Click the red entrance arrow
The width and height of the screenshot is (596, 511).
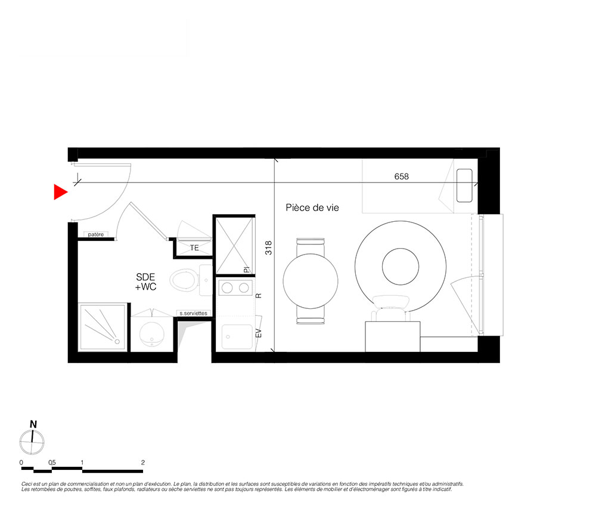[x=60, y=192]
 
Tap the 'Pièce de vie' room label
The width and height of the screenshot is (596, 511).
[x=312, y=208]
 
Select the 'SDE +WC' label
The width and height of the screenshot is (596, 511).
[x=145, y=281]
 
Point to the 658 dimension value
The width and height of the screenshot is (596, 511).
[x=401, y=176]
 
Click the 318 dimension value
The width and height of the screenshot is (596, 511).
[x=269, y=248]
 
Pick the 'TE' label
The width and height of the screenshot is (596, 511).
[x=194, y=248]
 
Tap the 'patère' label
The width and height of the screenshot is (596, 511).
[x=96, y=234]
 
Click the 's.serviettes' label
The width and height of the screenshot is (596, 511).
[x=194, y=313]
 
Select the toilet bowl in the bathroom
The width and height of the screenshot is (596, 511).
[x=183, y=280]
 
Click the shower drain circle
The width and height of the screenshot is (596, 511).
[x=117, y=342]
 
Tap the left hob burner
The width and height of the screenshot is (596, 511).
[x=227, y=288]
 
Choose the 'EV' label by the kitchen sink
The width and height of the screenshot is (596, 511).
[x=259, y=333]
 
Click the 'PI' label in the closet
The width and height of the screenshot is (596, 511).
[x=247, y=270]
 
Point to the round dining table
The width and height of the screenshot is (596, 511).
[x=311, y=281]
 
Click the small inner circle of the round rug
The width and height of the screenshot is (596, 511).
[x=401, y=267]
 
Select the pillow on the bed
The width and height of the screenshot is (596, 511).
[x=464, y=185]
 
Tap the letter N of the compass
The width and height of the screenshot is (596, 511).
[x=33, y=425]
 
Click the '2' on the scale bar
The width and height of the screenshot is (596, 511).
[x=143, y=462]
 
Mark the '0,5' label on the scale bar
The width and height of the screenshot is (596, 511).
[x=52, y=462]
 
